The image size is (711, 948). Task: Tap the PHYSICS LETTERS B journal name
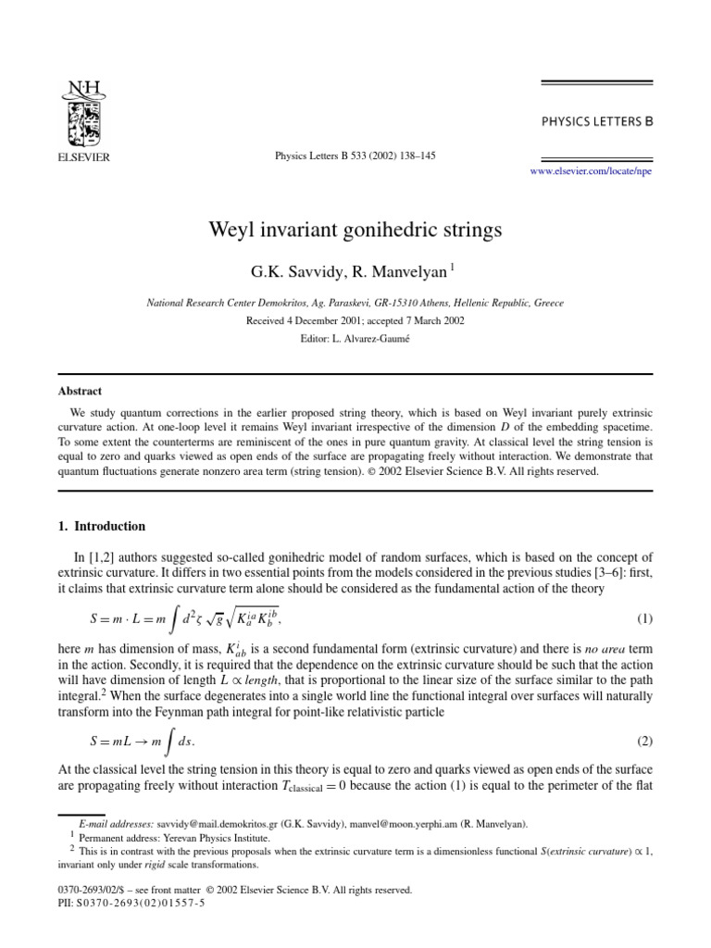click(x=595, y=120)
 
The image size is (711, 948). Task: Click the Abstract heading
click(x=80, y=392)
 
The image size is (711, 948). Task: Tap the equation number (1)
click(x=645, y=617)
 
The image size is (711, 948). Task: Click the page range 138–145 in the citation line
click(x=414, y=156)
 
